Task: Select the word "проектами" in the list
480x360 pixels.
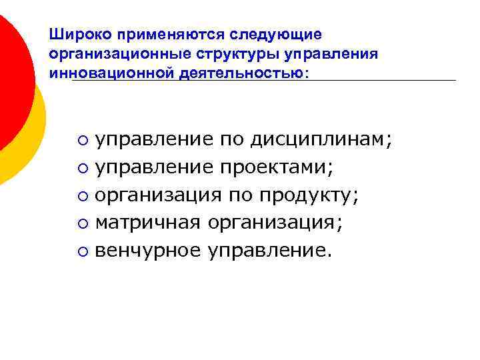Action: coord(273,167)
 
